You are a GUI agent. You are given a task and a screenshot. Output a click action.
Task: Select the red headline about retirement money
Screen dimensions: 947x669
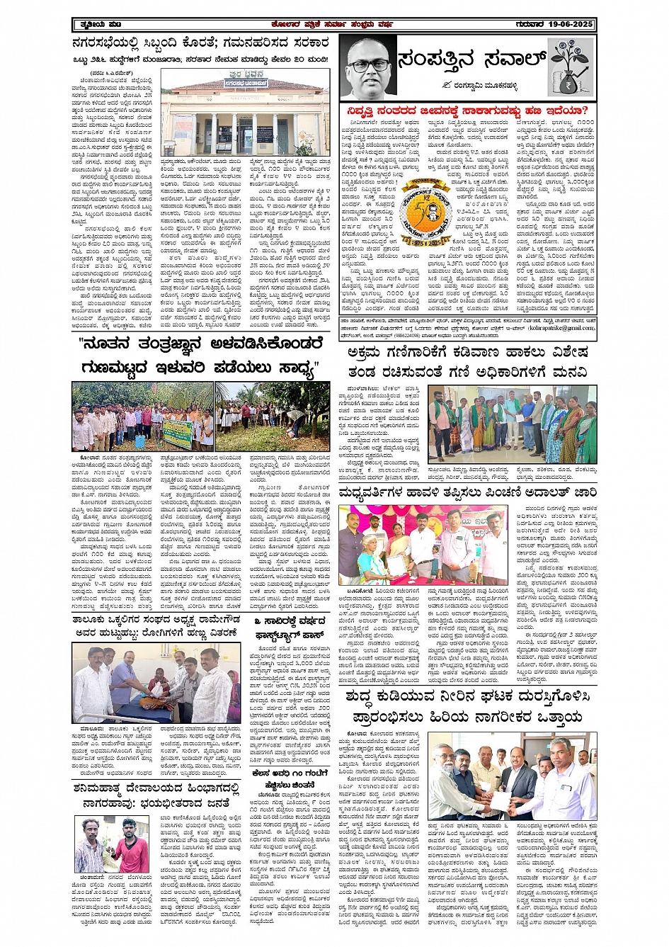467,111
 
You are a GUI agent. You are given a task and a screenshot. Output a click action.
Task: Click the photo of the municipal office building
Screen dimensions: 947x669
245,113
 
